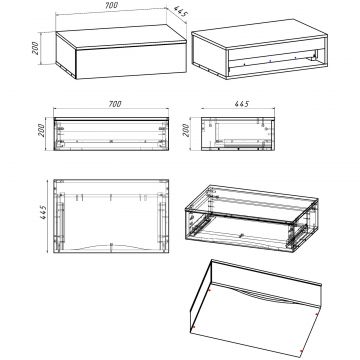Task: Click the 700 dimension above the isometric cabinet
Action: (111, 6)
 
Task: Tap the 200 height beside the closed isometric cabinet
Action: (36, 48)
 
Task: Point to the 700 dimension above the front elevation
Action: (115, 104)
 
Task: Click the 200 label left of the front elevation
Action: (41, 130)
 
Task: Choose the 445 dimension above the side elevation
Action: (241, 104)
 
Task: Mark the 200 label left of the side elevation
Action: (186, 130)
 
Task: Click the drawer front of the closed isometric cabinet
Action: (131, 61)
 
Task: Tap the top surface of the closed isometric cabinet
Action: (121, 37)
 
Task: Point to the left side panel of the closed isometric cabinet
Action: (66, 56)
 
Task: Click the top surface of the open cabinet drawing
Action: (259, 32)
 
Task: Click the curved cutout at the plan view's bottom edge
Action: (111, 247)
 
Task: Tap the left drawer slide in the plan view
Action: (60, 221)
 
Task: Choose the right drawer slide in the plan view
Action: (162, 221)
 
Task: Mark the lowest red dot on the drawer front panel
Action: (301, 351)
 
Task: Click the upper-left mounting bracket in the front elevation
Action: (60, 128)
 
